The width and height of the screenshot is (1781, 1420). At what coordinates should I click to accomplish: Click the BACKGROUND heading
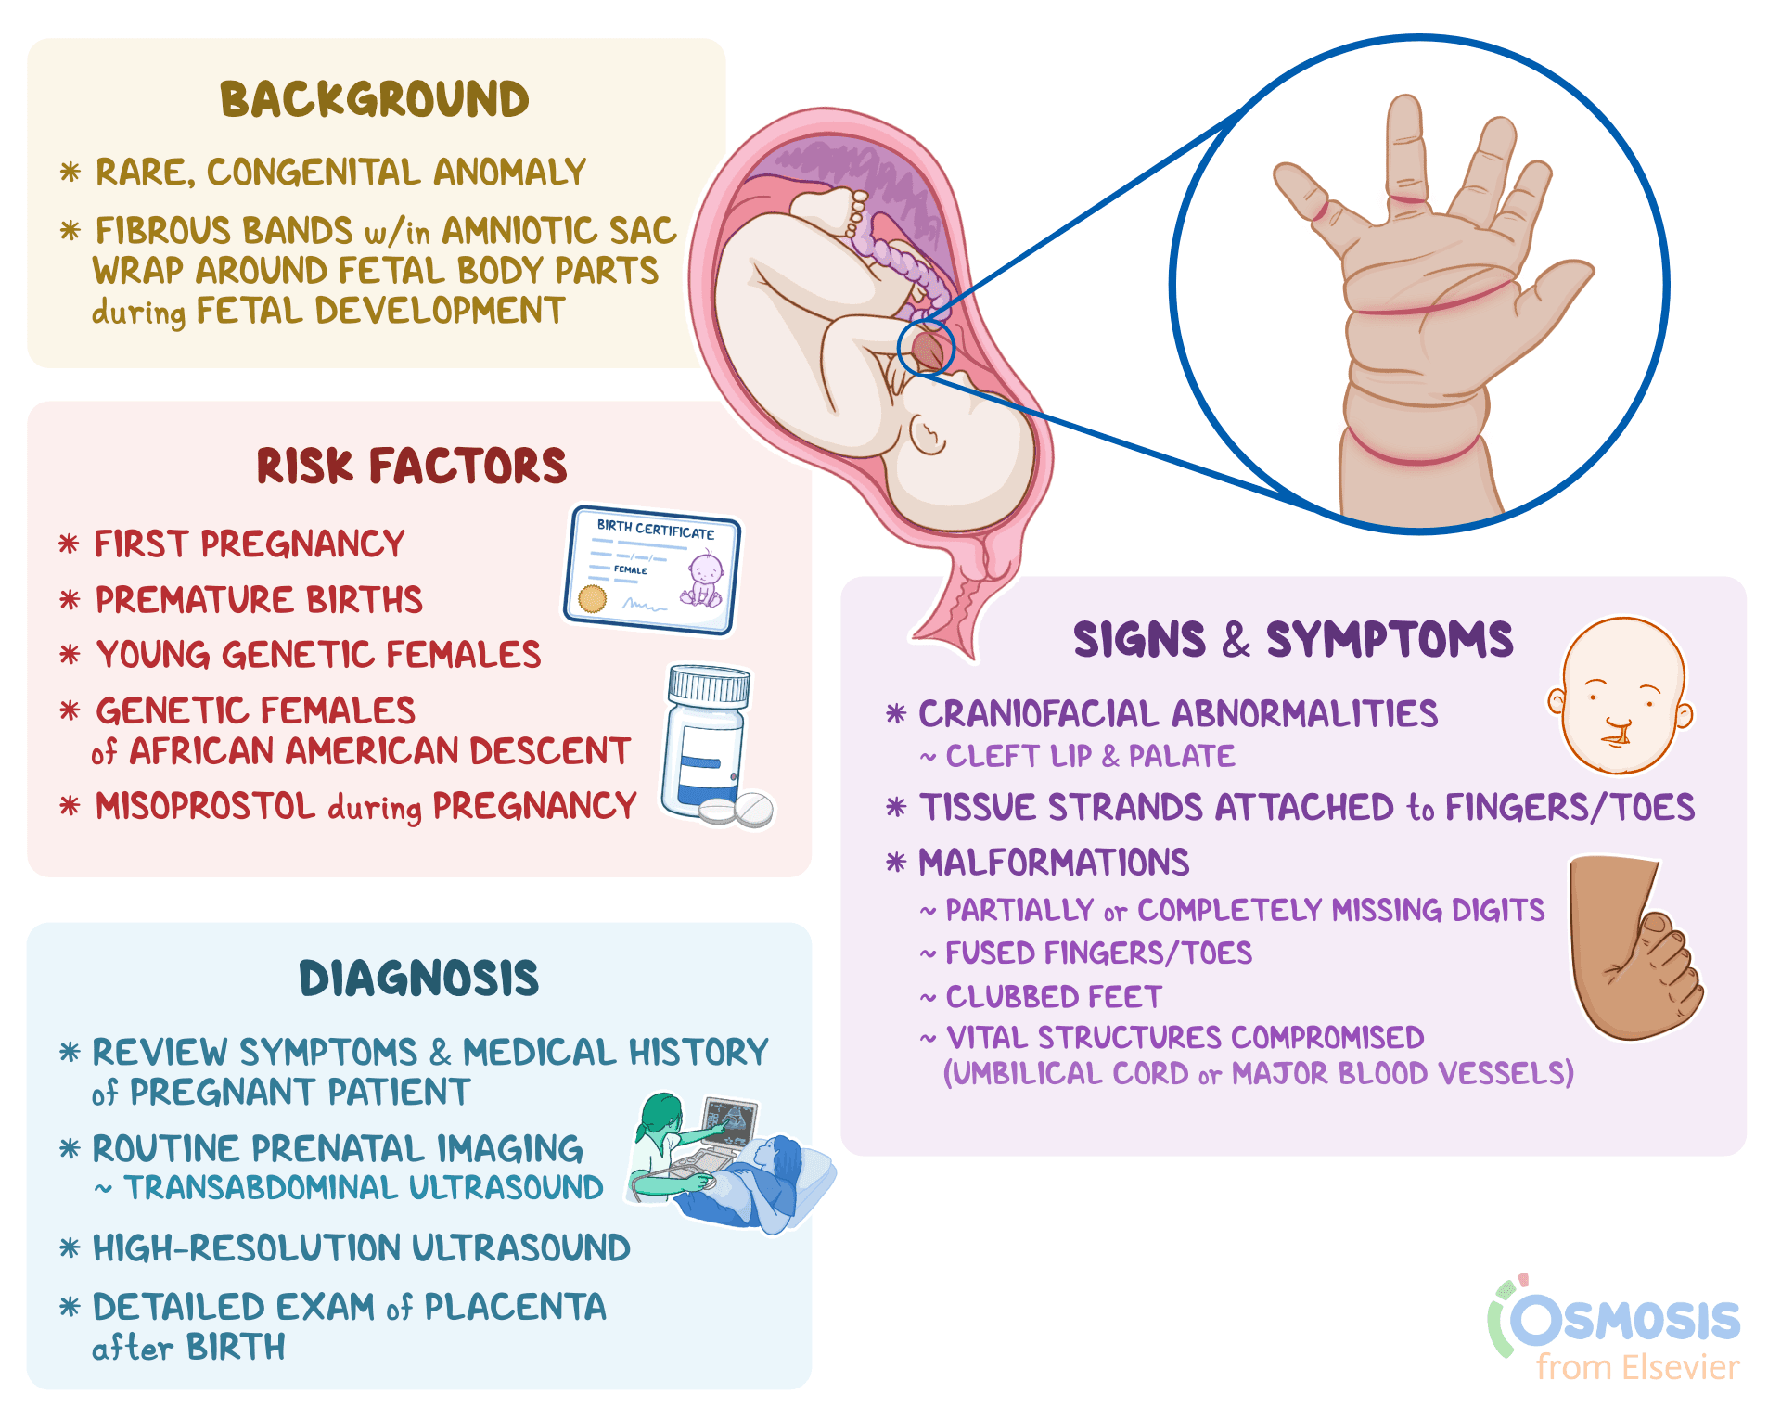374,99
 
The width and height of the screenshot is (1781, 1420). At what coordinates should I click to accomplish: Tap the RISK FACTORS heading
412,466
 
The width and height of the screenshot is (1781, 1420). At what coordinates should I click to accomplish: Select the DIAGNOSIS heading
418,979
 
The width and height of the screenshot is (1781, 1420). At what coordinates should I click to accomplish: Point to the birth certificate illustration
652,569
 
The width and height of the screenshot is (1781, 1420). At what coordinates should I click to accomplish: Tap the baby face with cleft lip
1620,696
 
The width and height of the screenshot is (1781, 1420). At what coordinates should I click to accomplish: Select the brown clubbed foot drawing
1633,946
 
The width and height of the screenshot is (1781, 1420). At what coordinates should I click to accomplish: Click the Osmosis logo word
1625,1320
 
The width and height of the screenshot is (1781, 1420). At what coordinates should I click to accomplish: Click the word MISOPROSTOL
205,806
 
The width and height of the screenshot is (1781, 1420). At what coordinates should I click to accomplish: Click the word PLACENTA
515,1307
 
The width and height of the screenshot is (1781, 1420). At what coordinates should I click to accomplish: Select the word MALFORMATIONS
1054,863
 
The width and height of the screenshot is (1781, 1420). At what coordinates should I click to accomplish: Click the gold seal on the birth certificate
592,598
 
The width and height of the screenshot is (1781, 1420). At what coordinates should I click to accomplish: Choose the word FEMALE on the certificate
631,570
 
